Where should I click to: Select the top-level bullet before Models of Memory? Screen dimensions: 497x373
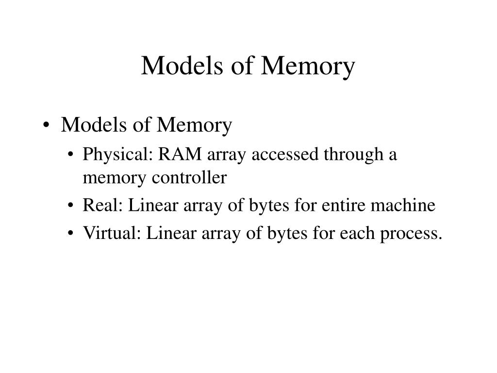[x=46, y=126]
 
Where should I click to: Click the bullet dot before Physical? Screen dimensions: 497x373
[x=72, y=156]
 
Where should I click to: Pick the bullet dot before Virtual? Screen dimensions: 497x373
[x=72, y=234]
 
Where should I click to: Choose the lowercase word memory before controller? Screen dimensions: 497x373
[x=109, y=178]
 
